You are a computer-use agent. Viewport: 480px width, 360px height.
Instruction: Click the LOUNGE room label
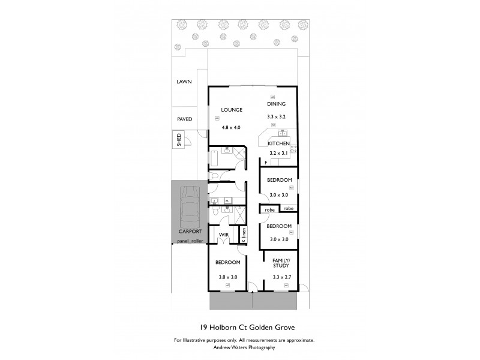pos(231,110)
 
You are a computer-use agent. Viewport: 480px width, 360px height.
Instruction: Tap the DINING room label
pos(277,104)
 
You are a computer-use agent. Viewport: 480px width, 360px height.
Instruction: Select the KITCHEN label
pos(279,144)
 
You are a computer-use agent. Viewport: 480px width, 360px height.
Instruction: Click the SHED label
pos(178,140)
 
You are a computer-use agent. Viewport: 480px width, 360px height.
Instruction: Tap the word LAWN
pos(184,82)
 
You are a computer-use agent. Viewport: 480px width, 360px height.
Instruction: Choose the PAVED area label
pos(185,119)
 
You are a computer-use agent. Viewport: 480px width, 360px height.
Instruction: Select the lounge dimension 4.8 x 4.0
pos(231,127)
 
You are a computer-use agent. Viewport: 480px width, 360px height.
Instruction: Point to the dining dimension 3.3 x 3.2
pos(277,116)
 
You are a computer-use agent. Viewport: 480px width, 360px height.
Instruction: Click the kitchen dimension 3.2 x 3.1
pos(279,155)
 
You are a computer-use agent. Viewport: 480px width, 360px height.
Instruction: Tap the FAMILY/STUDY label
pos(281,262)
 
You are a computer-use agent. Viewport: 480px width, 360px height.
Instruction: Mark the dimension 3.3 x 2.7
pos(281,277)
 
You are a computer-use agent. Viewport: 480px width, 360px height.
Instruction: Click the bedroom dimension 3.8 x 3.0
pos(228,277)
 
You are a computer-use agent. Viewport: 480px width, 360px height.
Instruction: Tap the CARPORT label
pos(190,231)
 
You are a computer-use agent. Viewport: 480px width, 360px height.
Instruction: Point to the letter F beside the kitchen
pos(265,163)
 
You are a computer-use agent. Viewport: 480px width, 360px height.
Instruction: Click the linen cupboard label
pos(244,234)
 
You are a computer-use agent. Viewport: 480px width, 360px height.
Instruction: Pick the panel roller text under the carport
pos(191,241)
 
